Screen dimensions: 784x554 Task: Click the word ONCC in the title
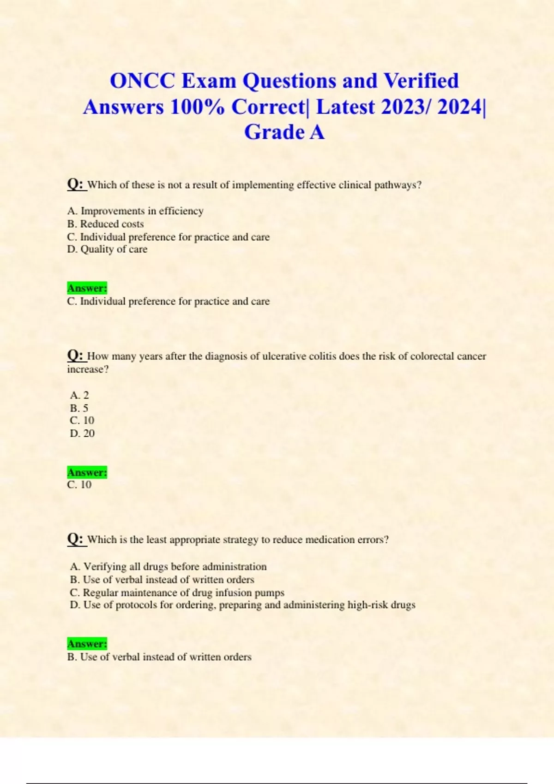(x=142, y=81)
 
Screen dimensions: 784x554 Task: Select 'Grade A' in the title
(x=284, y=132)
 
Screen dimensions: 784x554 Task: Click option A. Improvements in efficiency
(x=135, y=211)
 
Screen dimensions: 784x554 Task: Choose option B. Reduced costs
(x=105, y=224)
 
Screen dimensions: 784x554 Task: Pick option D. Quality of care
(x=107, y=249)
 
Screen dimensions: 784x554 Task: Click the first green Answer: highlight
(x=87, y=288)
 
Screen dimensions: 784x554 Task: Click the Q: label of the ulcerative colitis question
(x=75, y=356)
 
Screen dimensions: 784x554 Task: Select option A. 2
(x=79, y=395)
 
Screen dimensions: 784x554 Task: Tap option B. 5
(x=79, y=408)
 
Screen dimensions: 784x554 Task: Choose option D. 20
(x=82, y=434)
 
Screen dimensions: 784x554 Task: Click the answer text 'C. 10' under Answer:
(x=79, y=485)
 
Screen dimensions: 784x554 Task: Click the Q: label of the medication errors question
(x=75, y=539)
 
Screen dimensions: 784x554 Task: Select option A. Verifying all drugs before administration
(x=169, y=566)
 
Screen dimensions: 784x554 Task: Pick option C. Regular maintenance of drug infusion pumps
(x=177, y=593)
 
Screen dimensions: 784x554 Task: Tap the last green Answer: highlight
(x=87, y=644)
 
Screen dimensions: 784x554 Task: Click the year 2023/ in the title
(x=406, y=107)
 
